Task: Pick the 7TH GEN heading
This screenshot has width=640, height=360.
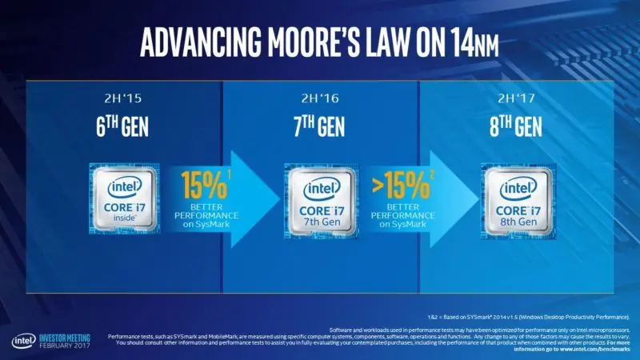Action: tap(319, 128)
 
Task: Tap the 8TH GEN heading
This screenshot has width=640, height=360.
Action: tap(517, 128)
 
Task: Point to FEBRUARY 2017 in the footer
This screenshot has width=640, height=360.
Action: tap(67, 346)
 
